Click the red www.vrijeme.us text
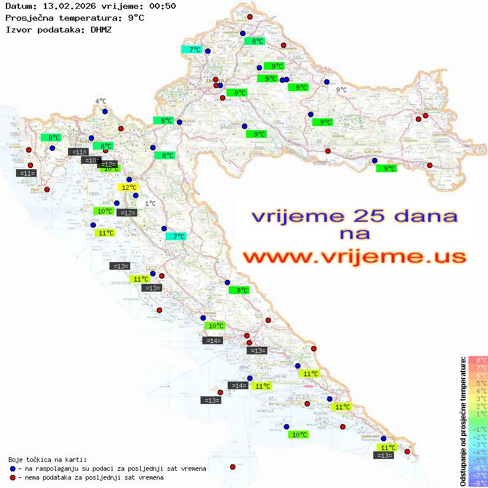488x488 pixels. pos(354,256)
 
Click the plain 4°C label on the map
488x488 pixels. pos(101,101)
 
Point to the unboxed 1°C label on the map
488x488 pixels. pos(150,203)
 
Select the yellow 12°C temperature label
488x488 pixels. pos(129,188)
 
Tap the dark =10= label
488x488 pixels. pos(91,160)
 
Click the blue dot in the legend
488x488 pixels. pos(12,468)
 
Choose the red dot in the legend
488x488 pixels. pos(12,477)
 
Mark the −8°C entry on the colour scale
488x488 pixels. pos(477,483)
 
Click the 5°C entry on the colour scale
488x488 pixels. pos(477,383)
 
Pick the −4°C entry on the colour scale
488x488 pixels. pos(477,453)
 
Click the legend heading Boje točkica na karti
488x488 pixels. pos(47,459)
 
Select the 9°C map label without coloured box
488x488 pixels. pos(341,90)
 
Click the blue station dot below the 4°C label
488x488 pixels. pos(105,111)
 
